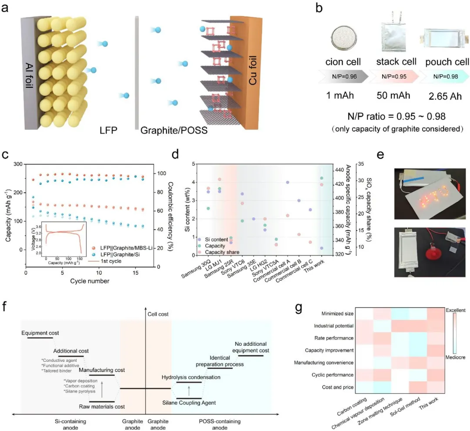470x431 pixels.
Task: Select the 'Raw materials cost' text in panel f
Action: [x=102, y=407]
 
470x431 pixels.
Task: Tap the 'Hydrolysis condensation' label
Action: [x=191, y=377]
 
